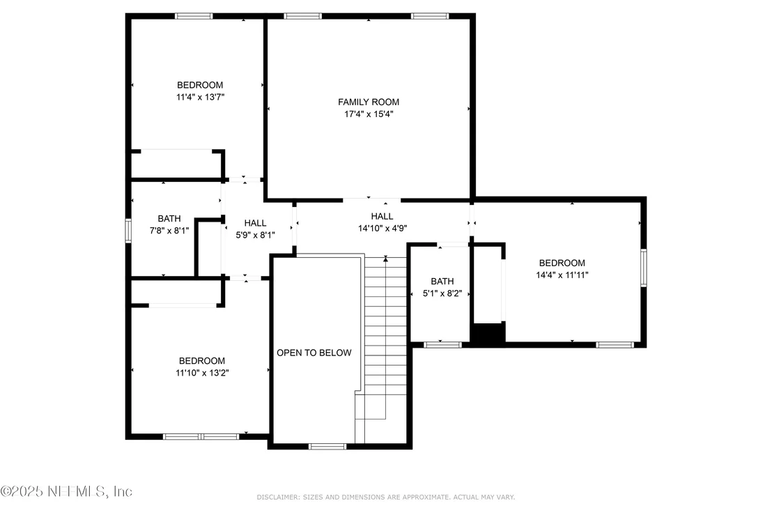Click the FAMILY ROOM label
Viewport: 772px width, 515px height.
point(369,102)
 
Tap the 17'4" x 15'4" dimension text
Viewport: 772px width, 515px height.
point(369,114)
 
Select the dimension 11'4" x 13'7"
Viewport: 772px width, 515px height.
point(200,97)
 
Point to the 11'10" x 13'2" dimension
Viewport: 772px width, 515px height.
point(202,373)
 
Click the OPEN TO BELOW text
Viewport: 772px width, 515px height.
point(314,353)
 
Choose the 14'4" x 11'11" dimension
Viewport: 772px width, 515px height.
point(562,275)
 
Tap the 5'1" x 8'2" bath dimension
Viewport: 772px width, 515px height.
point(442,293)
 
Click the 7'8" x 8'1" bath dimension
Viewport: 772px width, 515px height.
point(169,231)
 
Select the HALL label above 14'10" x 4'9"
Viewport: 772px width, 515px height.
point(382,216)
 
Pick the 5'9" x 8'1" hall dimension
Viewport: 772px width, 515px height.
point(255,236)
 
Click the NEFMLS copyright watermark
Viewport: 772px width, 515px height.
point(66,491)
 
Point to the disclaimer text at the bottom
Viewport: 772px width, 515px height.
point(385,498)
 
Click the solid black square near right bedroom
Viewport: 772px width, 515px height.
point(488,333)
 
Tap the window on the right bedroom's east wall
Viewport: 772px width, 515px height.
point(644,268)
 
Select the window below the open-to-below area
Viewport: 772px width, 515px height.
point(327,447)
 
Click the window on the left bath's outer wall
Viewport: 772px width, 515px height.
point(128,231)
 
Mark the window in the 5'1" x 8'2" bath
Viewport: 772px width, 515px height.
point(442,345)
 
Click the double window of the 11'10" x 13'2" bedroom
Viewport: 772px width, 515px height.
point(201,437)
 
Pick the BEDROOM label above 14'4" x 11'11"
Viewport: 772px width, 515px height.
point(562,263)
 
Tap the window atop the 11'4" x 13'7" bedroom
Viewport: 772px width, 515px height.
point(194,16)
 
